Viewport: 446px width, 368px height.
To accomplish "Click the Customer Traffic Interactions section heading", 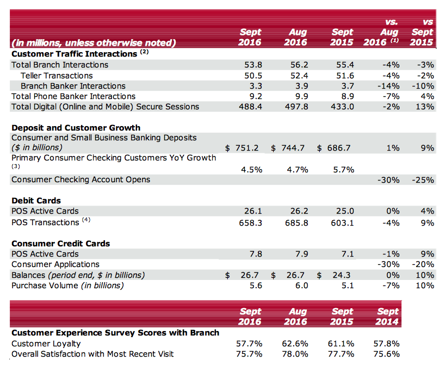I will (x=75, y=54).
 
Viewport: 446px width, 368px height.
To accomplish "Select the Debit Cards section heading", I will (x=36, y=201).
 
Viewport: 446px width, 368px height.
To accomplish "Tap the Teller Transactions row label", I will (x=57, y=76).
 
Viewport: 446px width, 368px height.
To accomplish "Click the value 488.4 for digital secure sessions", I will (x=251, y=107).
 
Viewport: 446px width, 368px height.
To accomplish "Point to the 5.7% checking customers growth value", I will (x=343, y=169).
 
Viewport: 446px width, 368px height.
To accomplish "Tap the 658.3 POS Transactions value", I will (x=251, y=222).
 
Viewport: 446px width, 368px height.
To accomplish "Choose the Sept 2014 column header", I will (x=388, y=316).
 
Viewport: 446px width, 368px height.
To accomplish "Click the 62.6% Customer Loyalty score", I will (x=296, y=344).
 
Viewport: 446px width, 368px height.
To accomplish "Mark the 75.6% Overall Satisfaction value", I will (x=388, y=354).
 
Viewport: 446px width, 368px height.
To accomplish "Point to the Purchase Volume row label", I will (x=67, y=285).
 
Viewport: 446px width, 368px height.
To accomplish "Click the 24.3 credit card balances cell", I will (x=343, y=275).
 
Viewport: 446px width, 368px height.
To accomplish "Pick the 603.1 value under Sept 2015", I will (x=343, y=222).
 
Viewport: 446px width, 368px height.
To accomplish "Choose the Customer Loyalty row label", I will (x=46, y=344).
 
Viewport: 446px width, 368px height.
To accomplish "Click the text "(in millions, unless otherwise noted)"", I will (x=94, y=42).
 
